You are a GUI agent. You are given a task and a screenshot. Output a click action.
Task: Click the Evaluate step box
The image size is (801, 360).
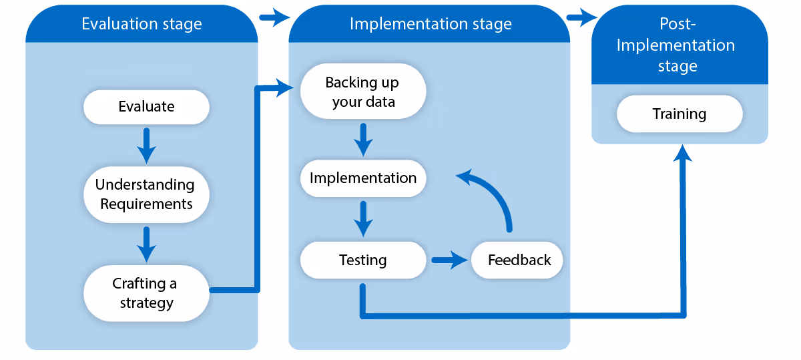click(x=146, y=107)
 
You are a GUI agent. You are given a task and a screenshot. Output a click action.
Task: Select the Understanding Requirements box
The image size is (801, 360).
click(x=146, y=194)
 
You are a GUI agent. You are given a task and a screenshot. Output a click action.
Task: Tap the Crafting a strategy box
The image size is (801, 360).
click(x=146, y=293)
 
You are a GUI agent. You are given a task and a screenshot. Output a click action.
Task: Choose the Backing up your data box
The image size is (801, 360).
click(x=363, y=92)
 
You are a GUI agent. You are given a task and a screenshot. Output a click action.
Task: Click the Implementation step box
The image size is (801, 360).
click(x=363, y=178)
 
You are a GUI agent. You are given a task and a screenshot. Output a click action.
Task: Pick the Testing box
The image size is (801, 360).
click(x=363, y=260)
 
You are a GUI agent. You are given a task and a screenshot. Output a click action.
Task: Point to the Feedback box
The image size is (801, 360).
click(x=517, y=260)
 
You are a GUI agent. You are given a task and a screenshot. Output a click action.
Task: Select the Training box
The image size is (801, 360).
click(x=680, y=114)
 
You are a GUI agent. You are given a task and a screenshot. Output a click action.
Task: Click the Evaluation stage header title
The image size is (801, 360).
click(x=142, y=24)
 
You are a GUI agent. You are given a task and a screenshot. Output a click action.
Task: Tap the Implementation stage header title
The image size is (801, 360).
click(x=431, y=24)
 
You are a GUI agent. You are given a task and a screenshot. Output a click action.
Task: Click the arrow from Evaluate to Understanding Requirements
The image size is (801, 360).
click(x=146, y=146)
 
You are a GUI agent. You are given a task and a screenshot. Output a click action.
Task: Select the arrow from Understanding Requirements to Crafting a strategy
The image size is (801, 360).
click(x=146, y=244)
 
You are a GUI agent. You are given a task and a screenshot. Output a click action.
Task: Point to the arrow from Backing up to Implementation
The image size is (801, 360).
click(x=363, y=140)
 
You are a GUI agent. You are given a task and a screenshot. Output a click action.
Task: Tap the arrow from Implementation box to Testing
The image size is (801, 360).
click(x=363, y=219)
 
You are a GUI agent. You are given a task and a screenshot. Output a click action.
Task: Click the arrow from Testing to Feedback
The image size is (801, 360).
click(x=450, y=260)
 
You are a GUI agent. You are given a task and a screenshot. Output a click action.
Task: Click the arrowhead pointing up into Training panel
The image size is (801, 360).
click(x=683, y=153)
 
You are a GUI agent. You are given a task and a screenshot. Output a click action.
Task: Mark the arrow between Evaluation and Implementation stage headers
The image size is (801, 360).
click(x=274, y=17)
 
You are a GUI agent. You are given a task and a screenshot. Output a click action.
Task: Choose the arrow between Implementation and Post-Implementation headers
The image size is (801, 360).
click(x=582, y=17)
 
